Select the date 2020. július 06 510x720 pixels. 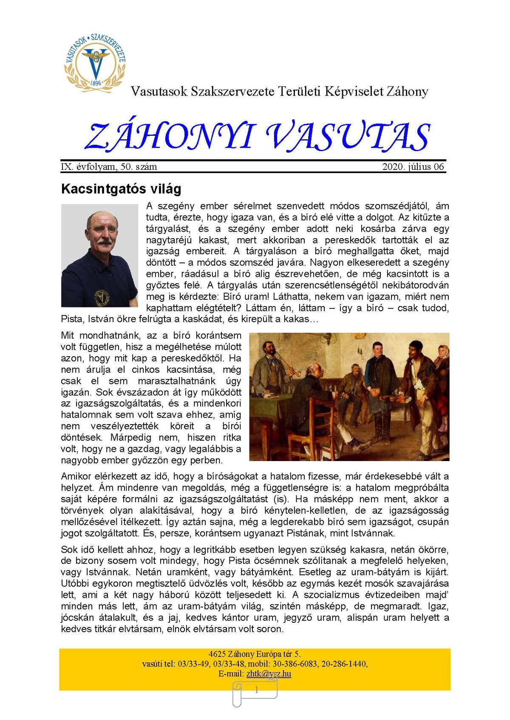click(x=413, y=166)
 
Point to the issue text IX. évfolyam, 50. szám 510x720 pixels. click(x=109, y=166)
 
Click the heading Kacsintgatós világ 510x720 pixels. click(x=121, y=188)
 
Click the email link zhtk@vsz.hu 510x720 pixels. click(x=269, y=674)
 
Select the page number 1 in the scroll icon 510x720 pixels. click(x=256, y=690)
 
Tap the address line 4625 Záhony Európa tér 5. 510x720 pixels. click(x=255, y=654)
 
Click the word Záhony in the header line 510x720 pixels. click(x=407, y=91)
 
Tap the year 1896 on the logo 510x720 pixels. click(x=96, y=83)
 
